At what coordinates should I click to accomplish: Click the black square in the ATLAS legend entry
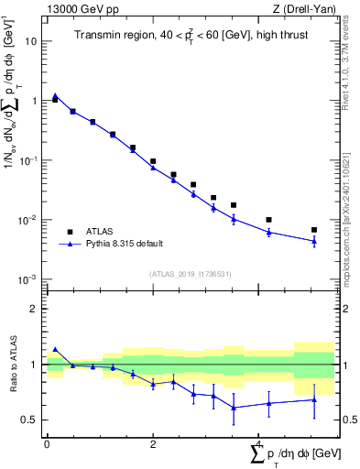[x=70, y=232]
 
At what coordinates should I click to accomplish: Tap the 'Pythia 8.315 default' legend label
[x=120, y=245]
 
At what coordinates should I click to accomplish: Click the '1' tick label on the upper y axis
[x=35, y=101]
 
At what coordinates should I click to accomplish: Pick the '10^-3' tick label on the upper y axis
[x=30, y=279]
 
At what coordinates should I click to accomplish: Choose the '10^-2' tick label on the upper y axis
[x=30, y=220]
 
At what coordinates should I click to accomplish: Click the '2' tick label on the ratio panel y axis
[x=35, y=309]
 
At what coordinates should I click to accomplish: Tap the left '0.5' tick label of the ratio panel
[x=30, y=420]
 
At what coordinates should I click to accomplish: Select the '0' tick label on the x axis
[x=47, y=444]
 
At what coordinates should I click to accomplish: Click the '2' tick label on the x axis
[x=153, y=444]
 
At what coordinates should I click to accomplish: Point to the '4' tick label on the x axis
[x=259, y=444]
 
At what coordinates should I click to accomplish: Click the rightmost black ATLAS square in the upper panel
[x=313, y=230]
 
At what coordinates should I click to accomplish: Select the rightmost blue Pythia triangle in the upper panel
[x=313, y=242]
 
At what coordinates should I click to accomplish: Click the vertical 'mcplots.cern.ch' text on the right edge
[x=349, y=229]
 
